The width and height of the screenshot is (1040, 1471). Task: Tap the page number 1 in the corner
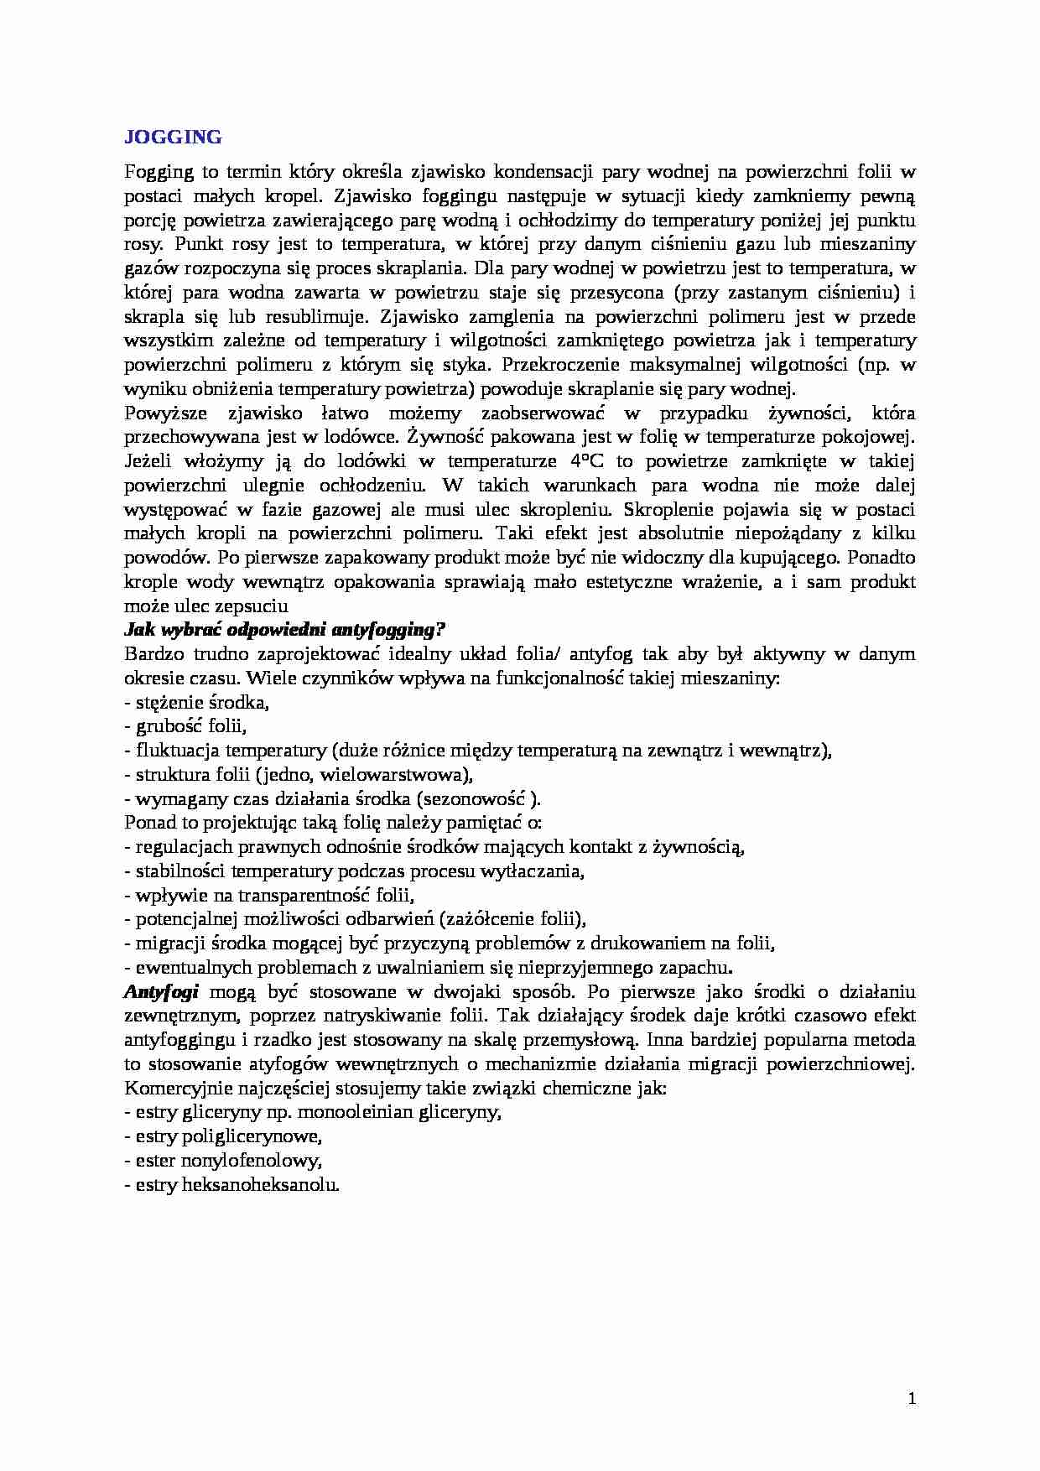click(912, 1399)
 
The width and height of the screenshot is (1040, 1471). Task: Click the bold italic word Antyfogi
click(161, 991)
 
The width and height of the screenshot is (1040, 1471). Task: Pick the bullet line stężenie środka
click(196, 702)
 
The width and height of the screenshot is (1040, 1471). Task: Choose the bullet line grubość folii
click(185, 726)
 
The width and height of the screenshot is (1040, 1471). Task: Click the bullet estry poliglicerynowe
click(224, 1137)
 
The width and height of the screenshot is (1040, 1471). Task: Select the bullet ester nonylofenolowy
click(223, 1162)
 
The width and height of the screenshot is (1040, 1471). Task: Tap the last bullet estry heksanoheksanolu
click(231, 1186)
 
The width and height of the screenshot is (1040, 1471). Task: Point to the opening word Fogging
click(159, 173)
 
